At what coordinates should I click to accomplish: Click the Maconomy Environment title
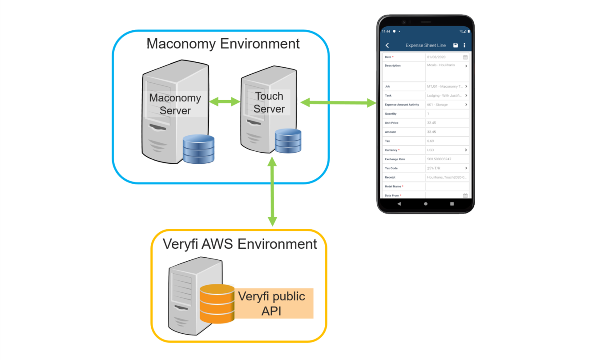click(223, 44)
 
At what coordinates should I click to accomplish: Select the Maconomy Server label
click(175, 104)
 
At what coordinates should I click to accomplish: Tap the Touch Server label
click(269, 102)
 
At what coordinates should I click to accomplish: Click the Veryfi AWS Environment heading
click(240, 244)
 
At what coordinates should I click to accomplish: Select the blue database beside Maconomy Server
click(198, 149)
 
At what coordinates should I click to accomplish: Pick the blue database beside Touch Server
click(288, 141)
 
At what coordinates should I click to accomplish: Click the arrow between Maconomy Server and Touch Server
click(225, 101)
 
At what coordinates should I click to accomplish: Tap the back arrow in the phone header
click(387, 45)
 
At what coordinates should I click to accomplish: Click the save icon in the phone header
click(456, 45)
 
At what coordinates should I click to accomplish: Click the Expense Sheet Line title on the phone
click(425, 45)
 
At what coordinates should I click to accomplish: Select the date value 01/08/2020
click(436, 57)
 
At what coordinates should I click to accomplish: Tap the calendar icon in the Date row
click(465, 57)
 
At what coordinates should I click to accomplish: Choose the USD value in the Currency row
click(430, 150)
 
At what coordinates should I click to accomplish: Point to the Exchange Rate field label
click(396, 159)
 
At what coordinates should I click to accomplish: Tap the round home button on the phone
click(426, 203)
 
